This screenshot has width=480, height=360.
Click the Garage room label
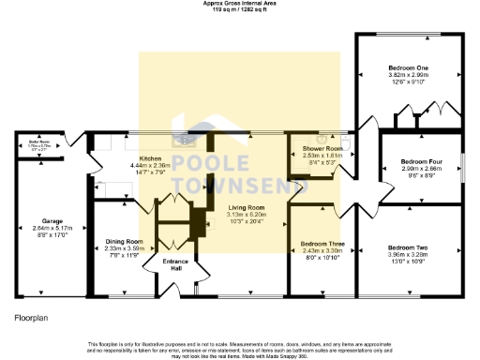(x=39, y=221)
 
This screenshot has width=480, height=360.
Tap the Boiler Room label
(x=37, y=142)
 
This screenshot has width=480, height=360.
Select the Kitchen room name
(x=151, y=158)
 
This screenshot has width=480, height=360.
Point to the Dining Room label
(x=122, y=241)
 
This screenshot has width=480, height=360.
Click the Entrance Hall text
(x=176, y=263)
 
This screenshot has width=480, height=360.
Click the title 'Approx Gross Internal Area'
(x=240, y=4)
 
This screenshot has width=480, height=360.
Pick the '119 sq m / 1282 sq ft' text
(x=240, y=9)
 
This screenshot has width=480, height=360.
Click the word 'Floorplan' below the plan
(x=32, y=319)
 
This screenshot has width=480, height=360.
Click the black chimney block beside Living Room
(x=199, y=222)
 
